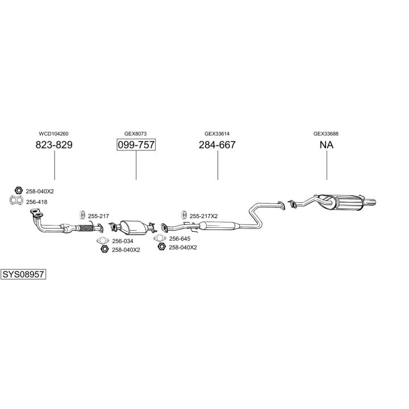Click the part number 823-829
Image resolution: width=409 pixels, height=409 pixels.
pos(54,145)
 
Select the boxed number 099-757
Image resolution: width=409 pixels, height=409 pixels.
pos(136,145)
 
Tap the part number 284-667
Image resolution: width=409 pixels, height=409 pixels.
pos(217,145)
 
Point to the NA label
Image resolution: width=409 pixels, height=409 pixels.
pos(326,145)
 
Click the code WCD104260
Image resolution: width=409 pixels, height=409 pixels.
pos(54,133)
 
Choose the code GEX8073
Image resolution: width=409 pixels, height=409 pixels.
pos(136,133)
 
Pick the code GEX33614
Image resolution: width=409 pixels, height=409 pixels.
pos(217,133)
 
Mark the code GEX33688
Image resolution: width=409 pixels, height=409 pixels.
pos(326,133)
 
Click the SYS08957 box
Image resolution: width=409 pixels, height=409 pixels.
pos(23,274)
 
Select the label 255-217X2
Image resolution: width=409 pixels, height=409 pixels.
pos(203,216)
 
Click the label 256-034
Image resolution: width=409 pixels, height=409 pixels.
pos(123,241)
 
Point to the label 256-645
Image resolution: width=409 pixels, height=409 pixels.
pos(180,239)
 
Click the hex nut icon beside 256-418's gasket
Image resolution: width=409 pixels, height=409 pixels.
pos(18,191)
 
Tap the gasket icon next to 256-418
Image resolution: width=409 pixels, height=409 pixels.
pos(17,201)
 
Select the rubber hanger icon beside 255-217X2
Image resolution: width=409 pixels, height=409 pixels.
pos(183,215)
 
